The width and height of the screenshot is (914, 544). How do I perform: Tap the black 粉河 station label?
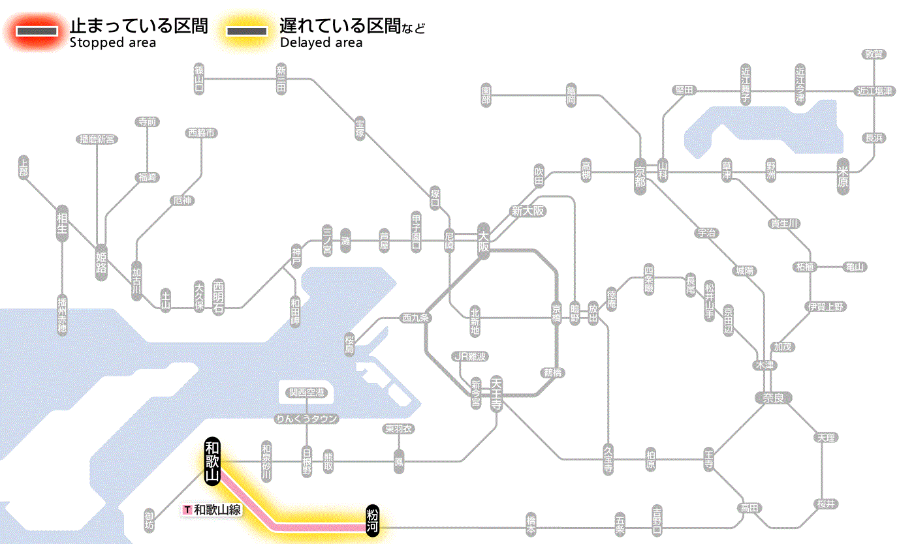[x=373, y=520]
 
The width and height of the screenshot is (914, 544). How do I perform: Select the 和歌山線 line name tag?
[x=213, y=509]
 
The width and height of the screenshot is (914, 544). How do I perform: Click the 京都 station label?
[x=640, y=173]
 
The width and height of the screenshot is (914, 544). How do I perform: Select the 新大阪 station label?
[x=528, y=211]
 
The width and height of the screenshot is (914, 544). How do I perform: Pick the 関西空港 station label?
[x=306, y=393]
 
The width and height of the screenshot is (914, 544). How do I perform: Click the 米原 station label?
[x=843, y=176]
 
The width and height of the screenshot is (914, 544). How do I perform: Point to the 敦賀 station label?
[x=874, y=54]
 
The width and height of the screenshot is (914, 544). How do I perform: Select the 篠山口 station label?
[x=199, y=79]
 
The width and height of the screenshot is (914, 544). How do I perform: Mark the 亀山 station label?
[x=855, y=267]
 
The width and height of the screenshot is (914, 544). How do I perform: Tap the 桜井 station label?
[x=826, y=504]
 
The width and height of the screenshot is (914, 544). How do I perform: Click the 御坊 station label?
[x=150, y=520]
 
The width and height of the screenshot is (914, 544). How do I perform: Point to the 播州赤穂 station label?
[x=62, y=315]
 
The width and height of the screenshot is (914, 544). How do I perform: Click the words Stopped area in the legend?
[x=113, y=43]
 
